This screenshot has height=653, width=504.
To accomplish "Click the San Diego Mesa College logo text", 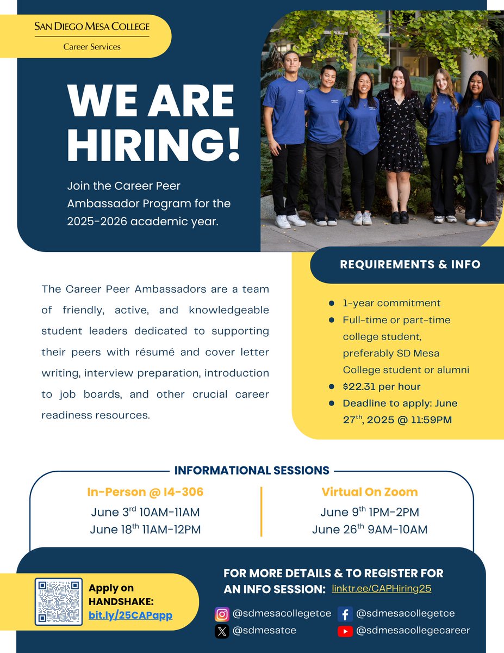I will click(x=91, y=26).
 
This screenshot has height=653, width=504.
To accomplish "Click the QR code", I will click(x=59, y=601).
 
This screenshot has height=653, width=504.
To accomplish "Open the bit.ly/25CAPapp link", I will click(x=130, y=615).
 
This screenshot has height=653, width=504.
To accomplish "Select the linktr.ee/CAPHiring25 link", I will click(x=381, y=589).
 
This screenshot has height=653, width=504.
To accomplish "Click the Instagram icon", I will click(x=221, y=614).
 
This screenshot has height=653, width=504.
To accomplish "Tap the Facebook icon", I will click(x=345, y=614).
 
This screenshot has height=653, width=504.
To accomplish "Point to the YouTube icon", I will click(x=345, y=631).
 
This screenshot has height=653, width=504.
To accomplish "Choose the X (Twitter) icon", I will click(x=221, y=631).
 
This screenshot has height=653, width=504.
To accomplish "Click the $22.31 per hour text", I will click(x=382, y=387).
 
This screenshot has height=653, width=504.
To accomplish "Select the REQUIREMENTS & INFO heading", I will click(x=410, y=264).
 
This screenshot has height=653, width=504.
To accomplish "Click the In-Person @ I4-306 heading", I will click(x=145, y=492).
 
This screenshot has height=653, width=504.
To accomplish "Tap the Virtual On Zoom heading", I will click(x=370, y=492).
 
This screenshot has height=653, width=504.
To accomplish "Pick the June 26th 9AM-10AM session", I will click(x=370, y=529).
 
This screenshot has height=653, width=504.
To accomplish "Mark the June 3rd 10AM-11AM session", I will click(x=145, y=512).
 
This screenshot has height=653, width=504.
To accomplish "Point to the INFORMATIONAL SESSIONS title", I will click(x=252, y=470).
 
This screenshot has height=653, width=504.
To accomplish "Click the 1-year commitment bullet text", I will click(x=391, y=303).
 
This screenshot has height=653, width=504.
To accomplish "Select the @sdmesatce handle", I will click(x=264, y=631).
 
